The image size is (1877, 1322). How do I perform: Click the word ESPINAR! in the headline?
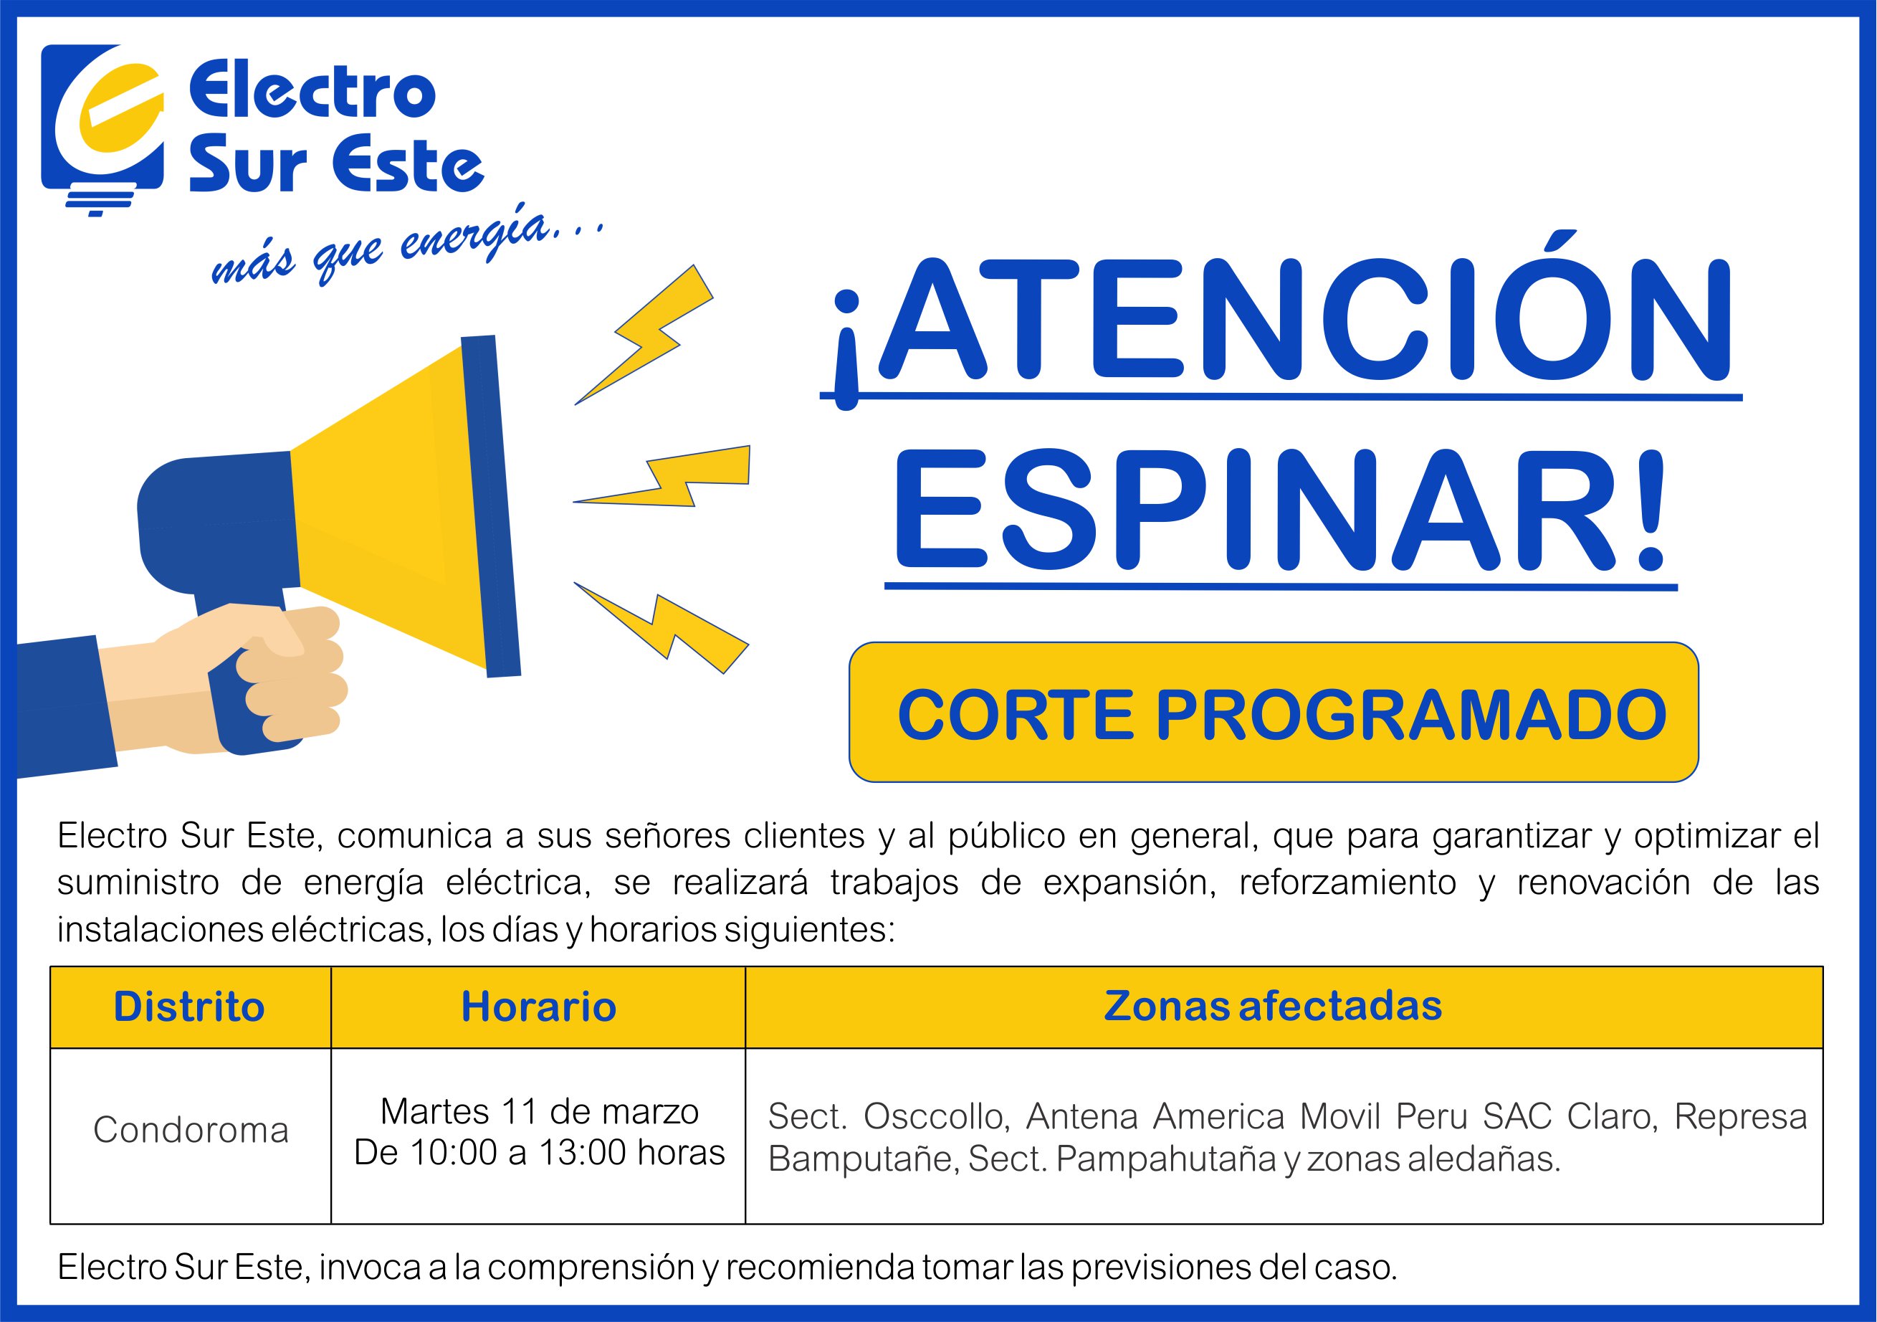(x=1280, y=510)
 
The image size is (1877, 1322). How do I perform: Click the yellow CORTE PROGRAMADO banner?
(x=1274, y=712)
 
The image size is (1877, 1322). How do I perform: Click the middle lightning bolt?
(x=662, y=477)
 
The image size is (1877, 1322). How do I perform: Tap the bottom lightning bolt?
(x=662, y=627)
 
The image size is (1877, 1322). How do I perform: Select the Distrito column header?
(x=190, y=1007)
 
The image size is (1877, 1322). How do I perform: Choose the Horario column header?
(x=539, y=1007)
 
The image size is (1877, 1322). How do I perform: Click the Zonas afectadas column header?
(x=1273, y=1006)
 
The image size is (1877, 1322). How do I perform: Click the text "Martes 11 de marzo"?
(x=540, y=1111)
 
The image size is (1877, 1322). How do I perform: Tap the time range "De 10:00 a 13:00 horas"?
(x=540, y=1153)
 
